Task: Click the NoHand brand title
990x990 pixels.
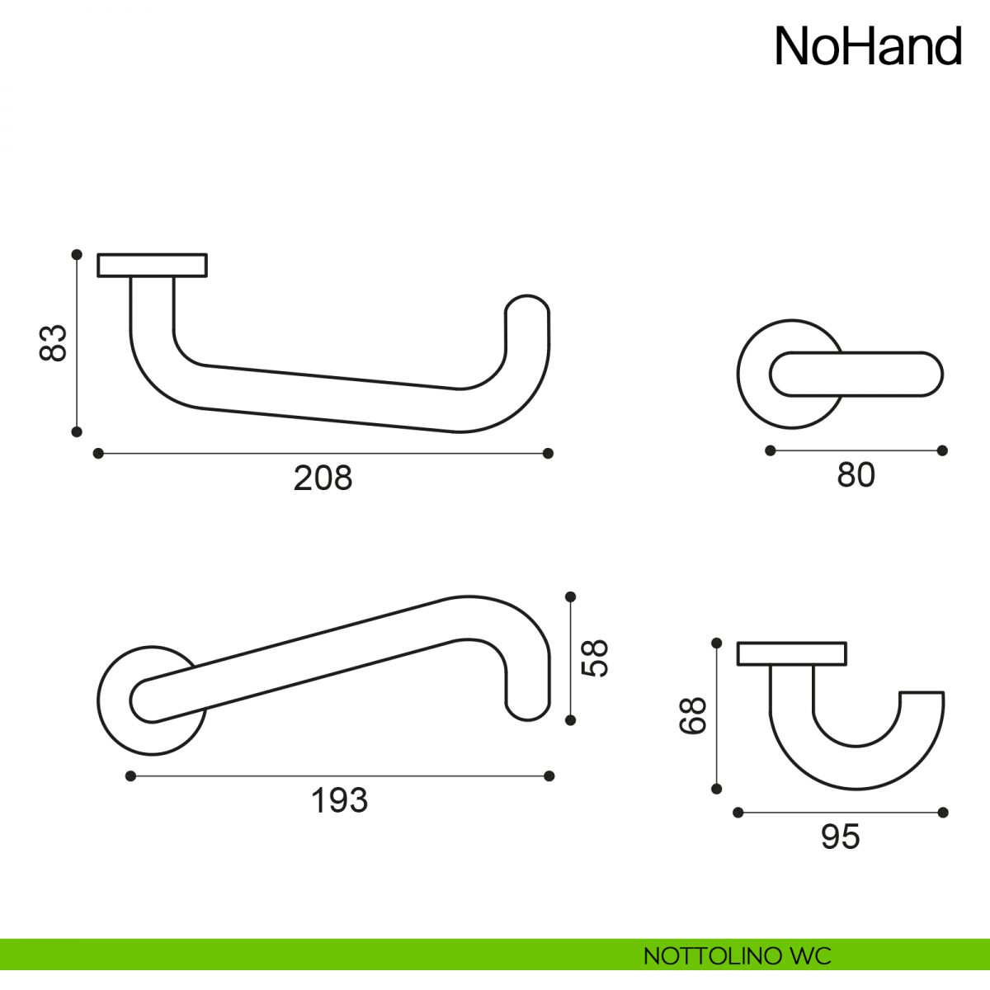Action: click(868, 46)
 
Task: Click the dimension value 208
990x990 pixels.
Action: click(323, 478)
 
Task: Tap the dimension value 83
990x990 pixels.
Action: click(53, 342)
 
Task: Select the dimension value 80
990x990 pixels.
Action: click(856, 474)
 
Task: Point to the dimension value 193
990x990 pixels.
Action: click(339, 800)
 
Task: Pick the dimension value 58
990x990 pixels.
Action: click(594, 658)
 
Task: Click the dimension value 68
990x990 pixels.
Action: click(692, 715)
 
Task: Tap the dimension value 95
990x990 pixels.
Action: click(840, 837)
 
